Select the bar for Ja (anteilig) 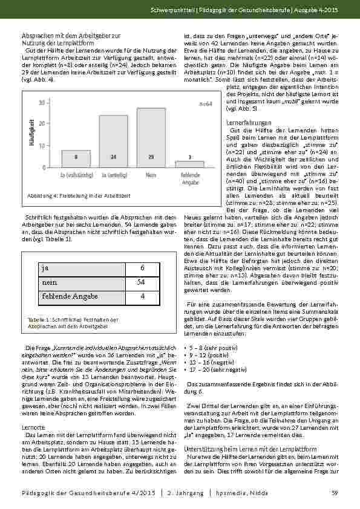click(x=113, y=141)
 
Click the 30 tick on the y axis click(x=41, y=102)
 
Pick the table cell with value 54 click(x=141, y=282)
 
